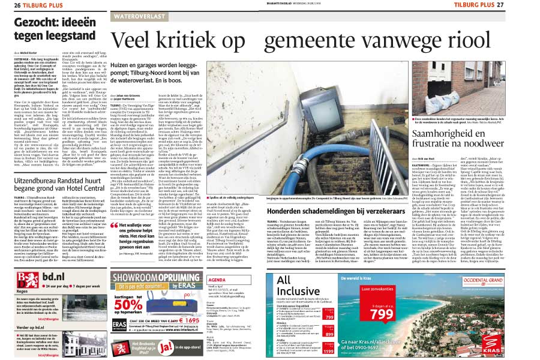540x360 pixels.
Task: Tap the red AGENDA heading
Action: click(x=215, y=280)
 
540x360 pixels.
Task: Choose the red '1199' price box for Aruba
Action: click(x=345, y=347)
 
